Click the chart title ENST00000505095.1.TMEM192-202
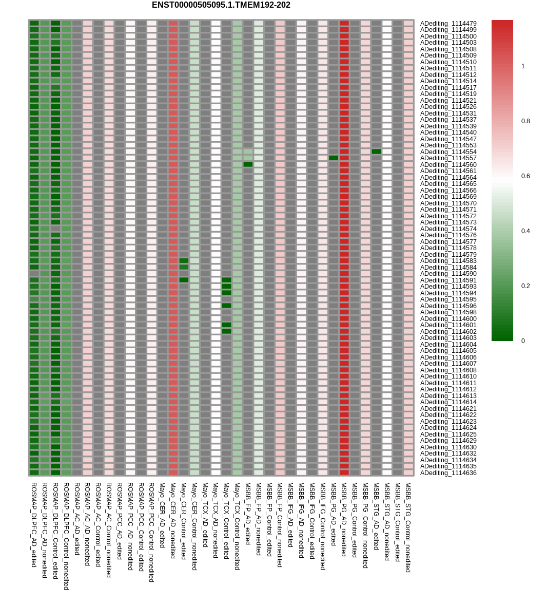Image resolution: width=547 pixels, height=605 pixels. coord(221,5)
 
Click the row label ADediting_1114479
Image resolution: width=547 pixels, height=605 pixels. coord(448,24)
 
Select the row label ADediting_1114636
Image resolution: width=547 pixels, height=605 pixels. coord(448,473)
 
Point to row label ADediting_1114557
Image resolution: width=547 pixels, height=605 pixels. coord(448,158)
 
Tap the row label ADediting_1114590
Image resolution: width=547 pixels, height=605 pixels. coord(448,274)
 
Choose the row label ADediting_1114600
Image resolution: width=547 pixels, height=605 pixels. coord(448,319)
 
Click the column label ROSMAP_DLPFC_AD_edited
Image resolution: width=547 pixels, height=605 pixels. coord(34,524)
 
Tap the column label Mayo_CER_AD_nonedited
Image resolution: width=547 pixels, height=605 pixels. coord(173,520)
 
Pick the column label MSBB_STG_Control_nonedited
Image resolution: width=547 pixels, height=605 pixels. coord(408,526)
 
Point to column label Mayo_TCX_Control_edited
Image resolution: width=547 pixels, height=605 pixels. coord(226,520)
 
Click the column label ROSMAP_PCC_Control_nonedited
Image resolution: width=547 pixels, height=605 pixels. coord(151,532)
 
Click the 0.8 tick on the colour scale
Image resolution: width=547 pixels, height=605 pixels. coord(525,121)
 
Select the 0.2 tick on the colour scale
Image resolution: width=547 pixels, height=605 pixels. coord(525,286)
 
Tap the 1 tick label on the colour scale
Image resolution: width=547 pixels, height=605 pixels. coord(523,66)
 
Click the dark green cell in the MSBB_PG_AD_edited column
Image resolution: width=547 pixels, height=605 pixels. coord(334,158)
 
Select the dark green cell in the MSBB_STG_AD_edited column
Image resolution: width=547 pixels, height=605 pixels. coord(376,152)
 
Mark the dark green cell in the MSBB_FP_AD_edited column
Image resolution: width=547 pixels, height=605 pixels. coord(248,164)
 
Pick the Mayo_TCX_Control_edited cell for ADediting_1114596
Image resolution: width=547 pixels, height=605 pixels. coord(226,306)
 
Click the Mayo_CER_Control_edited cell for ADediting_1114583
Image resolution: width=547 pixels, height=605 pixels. coord(184,261)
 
